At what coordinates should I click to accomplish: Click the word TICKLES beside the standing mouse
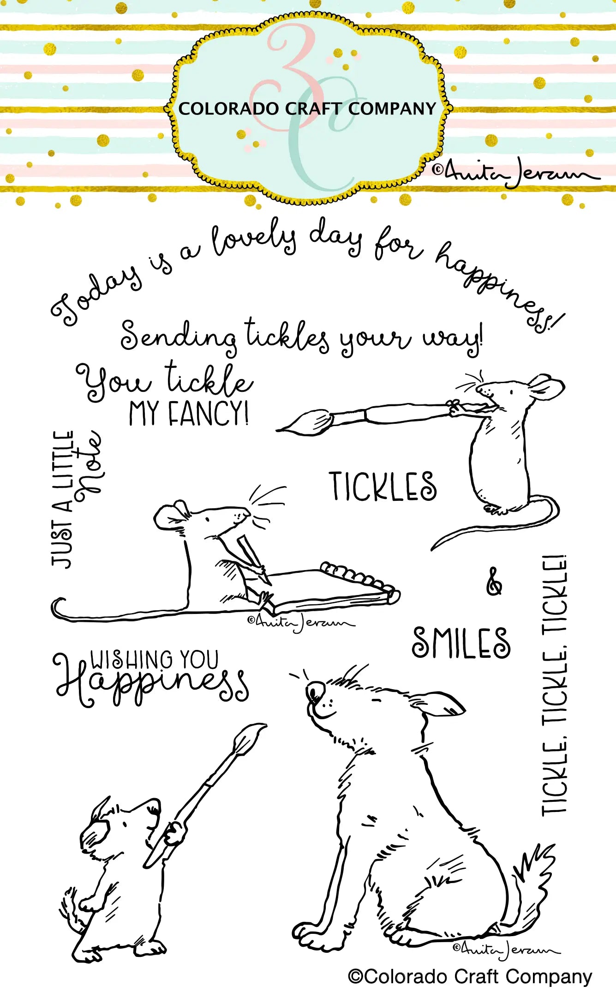click(383, 486)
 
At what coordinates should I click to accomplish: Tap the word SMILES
click(461, 643)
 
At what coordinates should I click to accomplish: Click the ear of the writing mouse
click(171, 514)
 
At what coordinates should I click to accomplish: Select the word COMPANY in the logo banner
click(392, 109)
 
